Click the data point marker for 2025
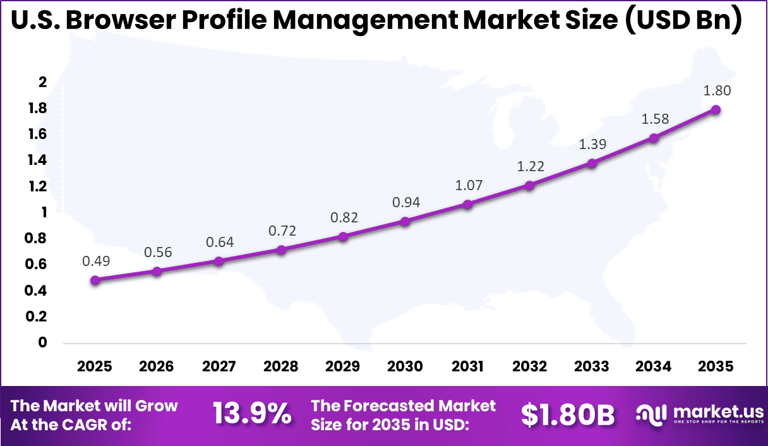click(95, 280)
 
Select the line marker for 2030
click(405, 222)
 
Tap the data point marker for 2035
click(716, 110)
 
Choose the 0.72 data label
click(282, 231)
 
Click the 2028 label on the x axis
click(281, 366)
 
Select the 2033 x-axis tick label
click(592, 366)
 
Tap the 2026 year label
click(157, 366)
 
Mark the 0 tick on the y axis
click(43, 342)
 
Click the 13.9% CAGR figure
click(252, 414)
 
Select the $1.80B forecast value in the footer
click(568, 414)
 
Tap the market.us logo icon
click(651, 414)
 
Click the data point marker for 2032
click(529, 186)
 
